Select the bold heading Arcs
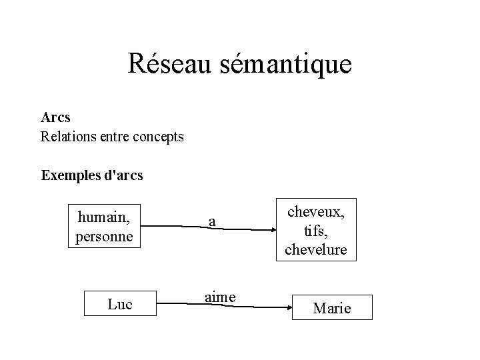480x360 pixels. [x=55, y=117]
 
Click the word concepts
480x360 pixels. [x=157, y=137]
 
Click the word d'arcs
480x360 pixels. [x=125, y=176]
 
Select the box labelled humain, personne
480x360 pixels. [x=105, y=226]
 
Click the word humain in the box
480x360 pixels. [x=104, y=217]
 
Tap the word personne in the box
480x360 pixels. [x=105, y=235]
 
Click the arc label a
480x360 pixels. [x=211, y=222]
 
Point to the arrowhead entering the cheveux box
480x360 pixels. [x=274, y=230]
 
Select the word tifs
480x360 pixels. [x=313, y=230]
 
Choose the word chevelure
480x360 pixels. [x=315, y=249]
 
